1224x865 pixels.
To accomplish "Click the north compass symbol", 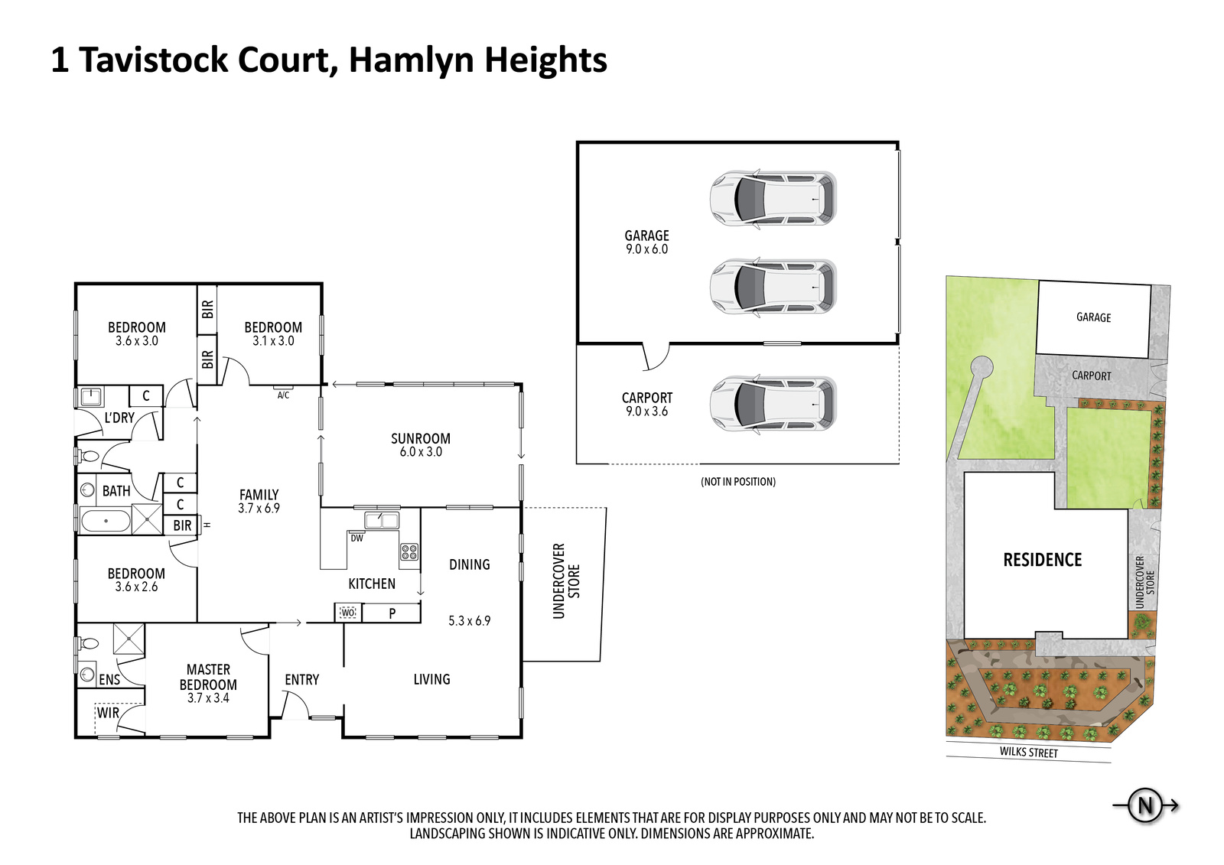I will [1145, 805].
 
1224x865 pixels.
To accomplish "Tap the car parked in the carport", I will [773, 404].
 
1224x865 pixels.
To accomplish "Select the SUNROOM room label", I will [420, 438].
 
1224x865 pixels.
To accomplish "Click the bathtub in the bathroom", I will [106, 522].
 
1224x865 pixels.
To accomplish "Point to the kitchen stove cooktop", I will [409, 551].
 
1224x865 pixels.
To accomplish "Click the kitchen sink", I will [381, 521].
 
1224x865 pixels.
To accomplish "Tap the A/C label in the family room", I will [283, 395].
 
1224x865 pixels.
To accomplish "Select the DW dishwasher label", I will [356, 538].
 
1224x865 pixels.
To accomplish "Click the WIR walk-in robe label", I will [108, 713].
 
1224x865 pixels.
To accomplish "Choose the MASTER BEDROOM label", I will [208, 677].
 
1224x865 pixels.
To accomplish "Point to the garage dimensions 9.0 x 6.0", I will [646, 249].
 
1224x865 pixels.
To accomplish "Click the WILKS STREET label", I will [1028, 753].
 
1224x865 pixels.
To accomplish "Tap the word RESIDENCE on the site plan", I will [1042, 560].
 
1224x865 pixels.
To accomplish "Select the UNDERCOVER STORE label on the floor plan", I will [566, 581].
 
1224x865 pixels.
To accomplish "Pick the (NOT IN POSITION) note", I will [738, 482].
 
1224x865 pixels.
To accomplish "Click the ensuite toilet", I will [90, 644].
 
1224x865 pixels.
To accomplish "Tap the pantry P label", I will [392, 613].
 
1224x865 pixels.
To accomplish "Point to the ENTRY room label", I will [301, 679].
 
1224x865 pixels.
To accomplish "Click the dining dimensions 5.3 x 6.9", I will [469, 621].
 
